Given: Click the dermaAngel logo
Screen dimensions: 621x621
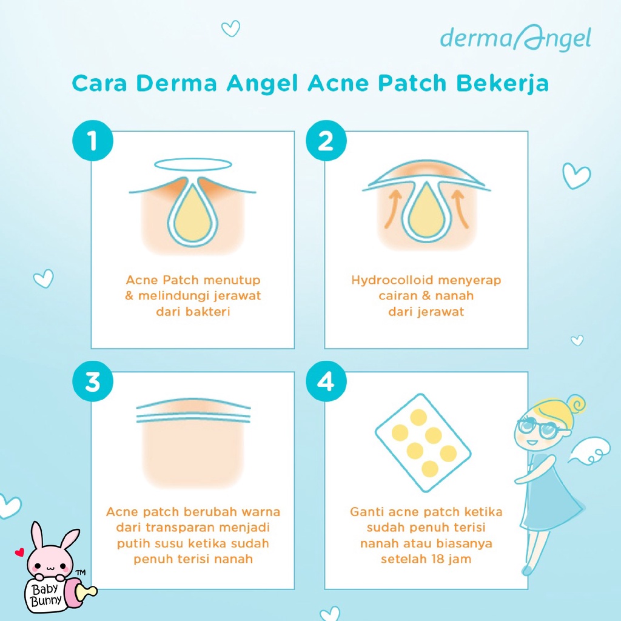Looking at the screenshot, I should pos(515,39).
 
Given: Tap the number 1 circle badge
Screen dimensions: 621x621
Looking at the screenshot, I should pos(92,142).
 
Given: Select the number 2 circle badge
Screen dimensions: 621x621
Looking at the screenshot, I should pos(325,142).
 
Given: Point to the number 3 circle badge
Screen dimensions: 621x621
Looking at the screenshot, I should pos(92,383).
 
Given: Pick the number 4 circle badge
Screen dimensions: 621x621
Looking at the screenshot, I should pos(325,383).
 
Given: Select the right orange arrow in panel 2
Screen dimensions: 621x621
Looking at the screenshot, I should pos(461,209).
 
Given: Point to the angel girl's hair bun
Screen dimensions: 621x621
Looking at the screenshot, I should pos(574,404).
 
